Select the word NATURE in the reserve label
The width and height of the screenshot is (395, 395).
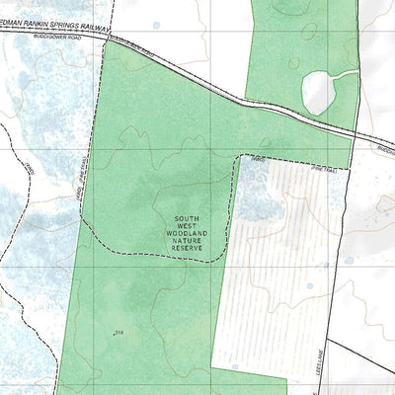187,244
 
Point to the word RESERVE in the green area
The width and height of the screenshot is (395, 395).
187,253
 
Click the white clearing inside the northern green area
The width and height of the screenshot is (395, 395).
318,92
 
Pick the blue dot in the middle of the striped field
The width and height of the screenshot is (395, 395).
307,287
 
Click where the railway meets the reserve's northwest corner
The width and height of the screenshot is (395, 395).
105,41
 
